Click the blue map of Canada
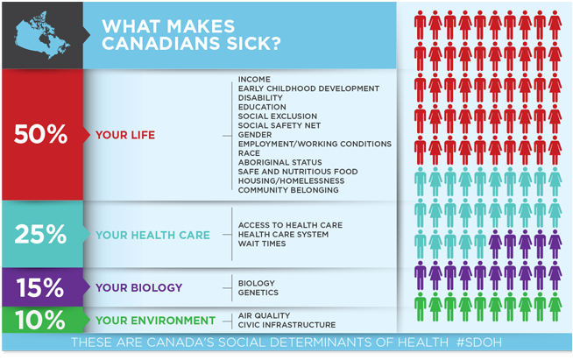pos(42,35)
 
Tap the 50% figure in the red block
pos(40,134)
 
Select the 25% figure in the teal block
pos(40,234)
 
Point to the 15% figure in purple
pos(40,287)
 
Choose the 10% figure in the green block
pos(40,321)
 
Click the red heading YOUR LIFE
pos(125,135)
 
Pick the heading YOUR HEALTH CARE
pos(152,235)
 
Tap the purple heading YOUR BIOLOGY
pos(138,287)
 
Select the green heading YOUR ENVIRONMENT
pos(155,321)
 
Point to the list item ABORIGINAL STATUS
pos(279,162)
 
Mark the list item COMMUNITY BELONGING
pos(288,190)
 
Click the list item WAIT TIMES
pos(262,244)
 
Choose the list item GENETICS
pos(258,293)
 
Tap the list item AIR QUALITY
pos(265,315)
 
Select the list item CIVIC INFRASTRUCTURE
pos(286,325)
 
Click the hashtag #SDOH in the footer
pos(479,342)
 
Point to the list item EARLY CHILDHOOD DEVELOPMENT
pos(308,88)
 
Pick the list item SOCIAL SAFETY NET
pos(279,125)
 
